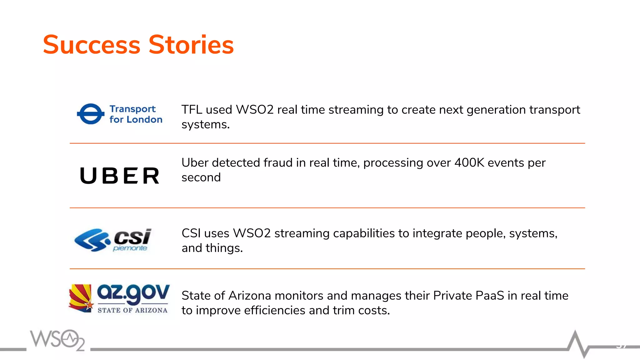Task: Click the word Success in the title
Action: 92,45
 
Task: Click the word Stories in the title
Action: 191,45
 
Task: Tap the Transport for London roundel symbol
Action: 91,114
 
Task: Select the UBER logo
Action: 120,176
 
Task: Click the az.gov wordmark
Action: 133,293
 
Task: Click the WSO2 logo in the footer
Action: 57,340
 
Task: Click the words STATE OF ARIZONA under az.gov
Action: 132,310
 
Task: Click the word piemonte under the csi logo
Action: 130,248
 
